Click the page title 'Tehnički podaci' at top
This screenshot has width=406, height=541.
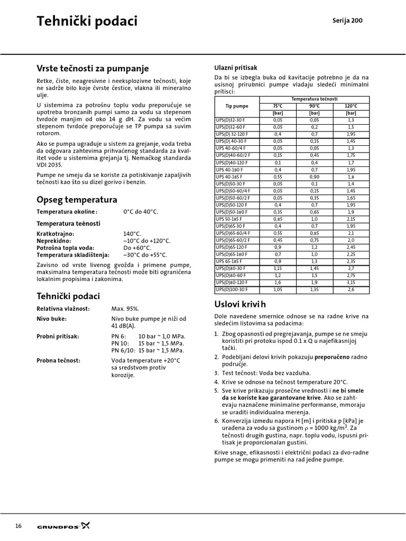(87, 21)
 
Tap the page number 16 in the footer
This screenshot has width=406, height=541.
(19, 526)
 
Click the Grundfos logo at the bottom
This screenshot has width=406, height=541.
(63, 526)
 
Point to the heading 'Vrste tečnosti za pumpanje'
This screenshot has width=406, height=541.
(93, 69)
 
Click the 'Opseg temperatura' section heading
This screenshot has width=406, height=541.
(77, 199)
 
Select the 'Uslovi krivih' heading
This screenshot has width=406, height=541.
(240, 304)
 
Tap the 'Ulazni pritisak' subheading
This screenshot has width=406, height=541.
(235, 68)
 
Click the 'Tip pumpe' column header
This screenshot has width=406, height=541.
(236, 106)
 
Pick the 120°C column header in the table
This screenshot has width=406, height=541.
(350, 106)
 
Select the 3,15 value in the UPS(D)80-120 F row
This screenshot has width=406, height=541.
(350, 283)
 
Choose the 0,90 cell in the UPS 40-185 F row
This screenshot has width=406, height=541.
(314, 176)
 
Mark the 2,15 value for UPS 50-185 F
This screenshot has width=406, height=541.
(350, 219)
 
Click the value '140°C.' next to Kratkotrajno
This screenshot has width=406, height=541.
(132, 234)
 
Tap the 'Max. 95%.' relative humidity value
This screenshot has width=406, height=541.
(125, 308)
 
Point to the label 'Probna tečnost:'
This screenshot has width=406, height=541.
(58, 360)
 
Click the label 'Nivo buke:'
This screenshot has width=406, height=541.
(51, 319)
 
